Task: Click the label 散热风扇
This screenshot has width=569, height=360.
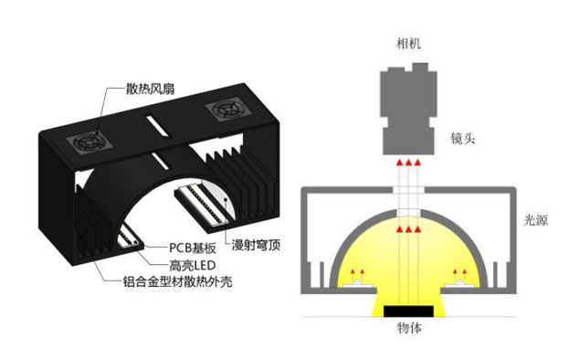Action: (x=150, y=89)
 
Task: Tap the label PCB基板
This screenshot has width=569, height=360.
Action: (x=193, y=248)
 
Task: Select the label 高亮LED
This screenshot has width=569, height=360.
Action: (x=193, y=266)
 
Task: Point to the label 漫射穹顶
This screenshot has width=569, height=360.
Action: (x=257, y=245)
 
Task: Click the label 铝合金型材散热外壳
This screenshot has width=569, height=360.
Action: (x=177, y=281)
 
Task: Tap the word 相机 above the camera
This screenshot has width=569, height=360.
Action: (x=408, y=44)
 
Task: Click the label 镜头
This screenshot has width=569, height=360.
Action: (x=463, y=138)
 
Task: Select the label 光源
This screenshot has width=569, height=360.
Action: (x=535, y=220)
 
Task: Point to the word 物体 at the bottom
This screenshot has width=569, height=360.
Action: (x=409, y=328)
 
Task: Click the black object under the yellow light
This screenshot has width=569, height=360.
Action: (x=408, y=311)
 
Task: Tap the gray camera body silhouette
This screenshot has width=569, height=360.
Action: (x=408, y=109)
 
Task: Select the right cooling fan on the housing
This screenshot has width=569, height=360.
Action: (x=224, y=110)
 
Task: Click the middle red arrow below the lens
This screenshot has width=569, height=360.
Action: (x=408, y=163)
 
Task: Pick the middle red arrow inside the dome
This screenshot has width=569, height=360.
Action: (x=408, y=229)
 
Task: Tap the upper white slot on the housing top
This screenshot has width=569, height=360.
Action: (x=157, y=126)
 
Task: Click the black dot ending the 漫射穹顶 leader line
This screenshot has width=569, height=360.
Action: (x=226, y=199)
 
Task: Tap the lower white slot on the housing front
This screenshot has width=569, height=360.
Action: (x=161, y=161)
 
